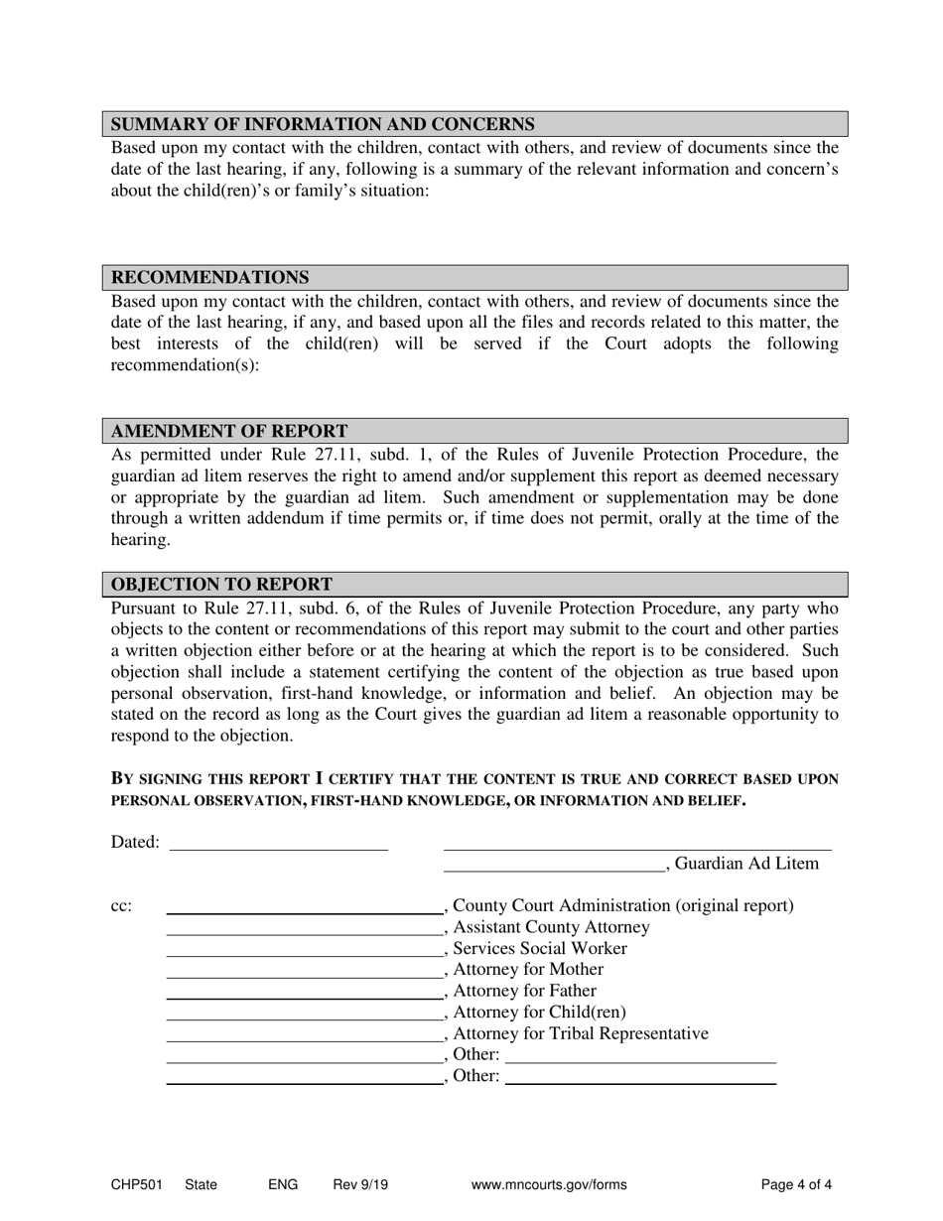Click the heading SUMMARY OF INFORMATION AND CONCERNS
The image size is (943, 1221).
[x=323, y=124]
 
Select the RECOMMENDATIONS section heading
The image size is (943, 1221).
[x=209, y=278]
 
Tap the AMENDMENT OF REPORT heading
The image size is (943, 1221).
[x=229, y=432]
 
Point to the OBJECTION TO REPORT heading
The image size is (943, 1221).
[x=221, y=585]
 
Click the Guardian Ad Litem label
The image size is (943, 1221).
[x=746, y=864]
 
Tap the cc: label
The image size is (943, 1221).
[x=120, y=906]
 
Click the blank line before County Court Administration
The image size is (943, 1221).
[x=303, y=906]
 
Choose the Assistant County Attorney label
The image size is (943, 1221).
[x=551, y=927]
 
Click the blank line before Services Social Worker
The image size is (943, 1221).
[x=303, y=949]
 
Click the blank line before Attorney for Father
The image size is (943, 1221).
[x=303, y=992]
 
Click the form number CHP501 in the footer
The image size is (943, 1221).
[x=134, y=1184]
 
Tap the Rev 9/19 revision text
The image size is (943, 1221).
[x=360, y=1184]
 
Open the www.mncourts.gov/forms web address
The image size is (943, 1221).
[x=550, y=1184]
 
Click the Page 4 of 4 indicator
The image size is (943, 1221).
[x=796, y=1184]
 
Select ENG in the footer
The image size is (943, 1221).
[x=282, y=1184]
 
